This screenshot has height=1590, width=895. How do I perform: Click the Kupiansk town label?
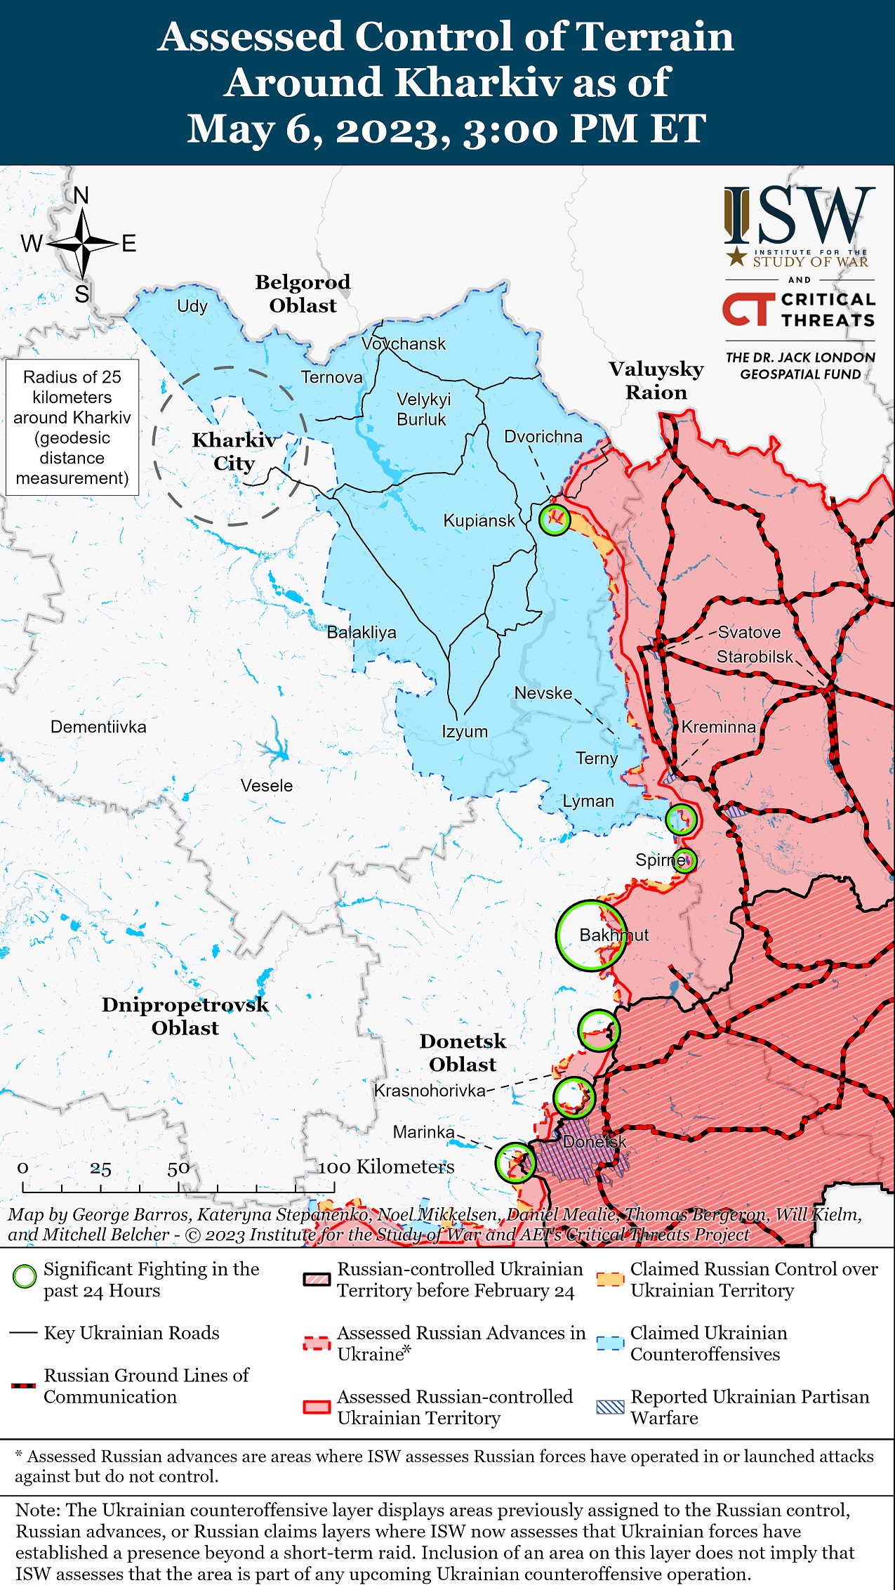click(x=479, y=520)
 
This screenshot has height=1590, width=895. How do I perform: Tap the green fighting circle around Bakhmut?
click(x=591, y=935)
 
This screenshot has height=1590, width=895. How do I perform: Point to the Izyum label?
click(x=464, y=731)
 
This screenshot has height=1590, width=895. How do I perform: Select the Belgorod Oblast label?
click(x=303, y=294)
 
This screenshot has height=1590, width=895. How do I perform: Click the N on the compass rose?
click(x=81, y=196)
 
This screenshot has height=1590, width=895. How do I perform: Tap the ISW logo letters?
click(x=800, y=216)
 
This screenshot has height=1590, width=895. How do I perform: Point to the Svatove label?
click(x=748, y=632)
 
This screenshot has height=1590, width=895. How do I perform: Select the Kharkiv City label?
click(x=234, y=452)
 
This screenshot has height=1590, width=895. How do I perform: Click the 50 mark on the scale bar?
click(x=178, y=1168)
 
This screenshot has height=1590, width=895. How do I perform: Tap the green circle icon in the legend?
click(x=25, y=1277)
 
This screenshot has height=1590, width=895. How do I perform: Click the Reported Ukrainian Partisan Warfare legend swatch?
click(x=609, y=1407)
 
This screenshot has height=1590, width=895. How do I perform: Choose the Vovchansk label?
click(x=404, y=343)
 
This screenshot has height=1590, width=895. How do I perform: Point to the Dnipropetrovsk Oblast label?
click(x=185, y=1016)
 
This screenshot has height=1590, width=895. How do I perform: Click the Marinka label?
click(x=423, y=1132)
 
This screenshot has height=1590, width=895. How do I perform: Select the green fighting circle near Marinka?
click(x=515, y=1162)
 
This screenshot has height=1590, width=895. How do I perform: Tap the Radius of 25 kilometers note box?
click(x=72, y=427)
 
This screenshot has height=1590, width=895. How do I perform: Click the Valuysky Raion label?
click(x=656, y=380)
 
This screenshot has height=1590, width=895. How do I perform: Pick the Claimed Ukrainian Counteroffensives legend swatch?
click(x=609, y=1343)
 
